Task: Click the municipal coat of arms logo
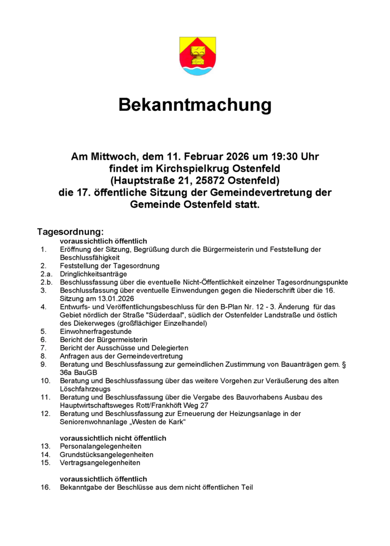pyautogui.click(x=197, y=56)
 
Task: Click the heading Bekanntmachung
pyautogui.click(x=195, y=105)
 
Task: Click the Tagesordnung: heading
pyautogui.click(x=69, y=232)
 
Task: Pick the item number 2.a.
pyautogui.click(x=46, y=274)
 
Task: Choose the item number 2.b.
pyautogui.click(x=46, y=282)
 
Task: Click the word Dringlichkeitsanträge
pyautogui.click(x=93, y=274)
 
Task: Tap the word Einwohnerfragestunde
pyautogui.click(x=95, y=332)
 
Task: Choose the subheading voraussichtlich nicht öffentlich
pyautogui.click(x=113, y=438)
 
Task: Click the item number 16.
pyautogui.click(x=45, y=487)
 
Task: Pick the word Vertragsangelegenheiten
pyautogui.click(x=97, y=463)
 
